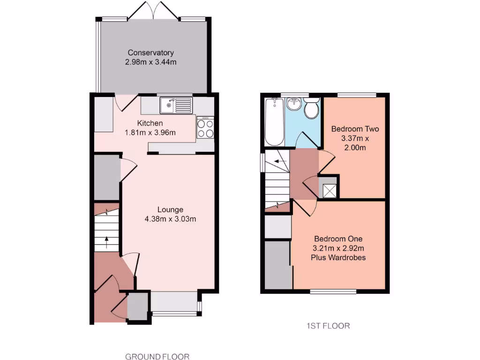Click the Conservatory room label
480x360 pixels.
pos(151,52)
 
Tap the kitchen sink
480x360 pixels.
pos(176,105)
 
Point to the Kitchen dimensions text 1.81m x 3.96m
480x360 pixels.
pos(150,132)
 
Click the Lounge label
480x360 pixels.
pos(170,210)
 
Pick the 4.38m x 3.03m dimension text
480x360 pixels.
pos(170,218)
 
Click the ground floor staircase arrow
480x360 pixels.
pos(106,242)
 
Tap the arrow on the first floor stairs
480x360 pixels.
pos(280,162)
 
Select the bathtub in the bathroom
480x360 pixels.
pos(274,122)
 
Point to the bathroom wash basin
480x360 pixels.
pos(294,104)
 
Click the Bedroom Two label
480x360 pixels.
pos(355,129)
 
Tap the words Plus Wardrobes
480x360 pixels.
pos(338,257)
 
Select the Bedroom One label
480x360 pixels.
pos(338,239)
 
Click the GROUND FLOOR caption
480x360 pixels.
pos(157,357)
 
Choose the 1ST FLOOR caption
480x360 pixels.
pos(328,326)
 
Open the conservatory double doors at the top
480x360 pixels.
pos(153,12)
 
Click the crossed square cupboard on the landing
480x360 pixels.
pos(330,190)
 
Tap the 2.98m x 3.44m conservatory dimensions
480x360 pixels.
pos(151,62)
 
